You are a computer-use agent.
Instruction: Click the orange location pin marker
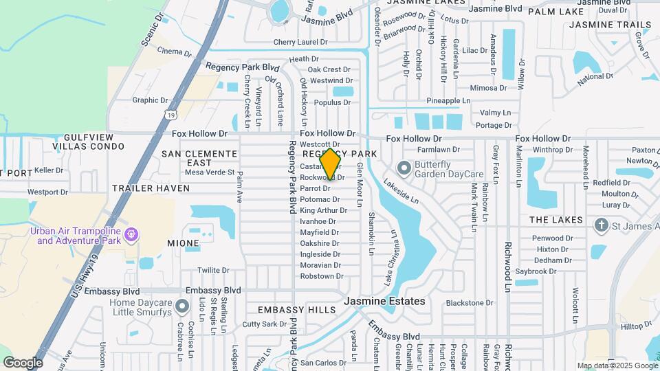pyautogui.click(x=331, y=164)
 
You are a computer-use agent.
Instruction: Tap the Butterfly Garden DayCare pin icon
pyautogui.click(x=404, y=167)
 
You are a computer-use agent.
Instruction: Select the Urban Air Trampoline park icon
pyautogui.click(x=131, y=236)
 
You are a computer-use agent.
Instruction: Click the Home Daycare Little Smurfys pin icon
pyautogui.click(x=181, y=306)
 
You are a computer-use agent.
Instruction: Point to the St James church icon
pyautogui.click(x=601, y=225)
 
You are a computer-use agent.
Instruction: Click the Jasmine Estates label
pyautogui.click(x=384, y=301)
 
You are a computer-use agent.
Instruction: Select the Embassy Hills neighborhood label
pyautogui.click(x=297, y=310)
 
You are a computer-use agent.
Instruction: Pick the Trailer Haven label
pyautogui.click(x=151, y=188)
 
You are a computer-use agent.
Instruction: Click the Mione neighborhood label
pyautogui.click(x=183, y=243)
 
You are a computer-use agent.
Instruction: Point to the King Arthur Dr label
pyautogui.click(x=323, y=210)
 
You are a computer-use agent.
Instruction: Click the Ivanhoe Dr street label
pyautogui.click(x=318, y=221)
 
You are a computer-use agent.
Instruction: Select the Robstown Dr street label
pyautogui.click(x=321, y=276)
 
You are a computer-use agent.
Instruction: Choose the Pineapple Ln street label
pyautogui.click(x=448, y=100)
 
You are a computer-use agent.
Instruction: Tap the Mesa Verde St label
pyautogui.click(x=210, y=172)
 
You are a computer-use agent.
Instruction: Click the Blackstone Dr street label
pyautogui.click(x=470, y=302)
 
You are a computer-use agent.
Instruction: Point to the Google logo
pyautogui.click(x=23, y=363)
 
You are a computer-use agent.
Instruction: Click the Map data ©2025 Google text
pyautogui.click(x=617, y=366)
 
